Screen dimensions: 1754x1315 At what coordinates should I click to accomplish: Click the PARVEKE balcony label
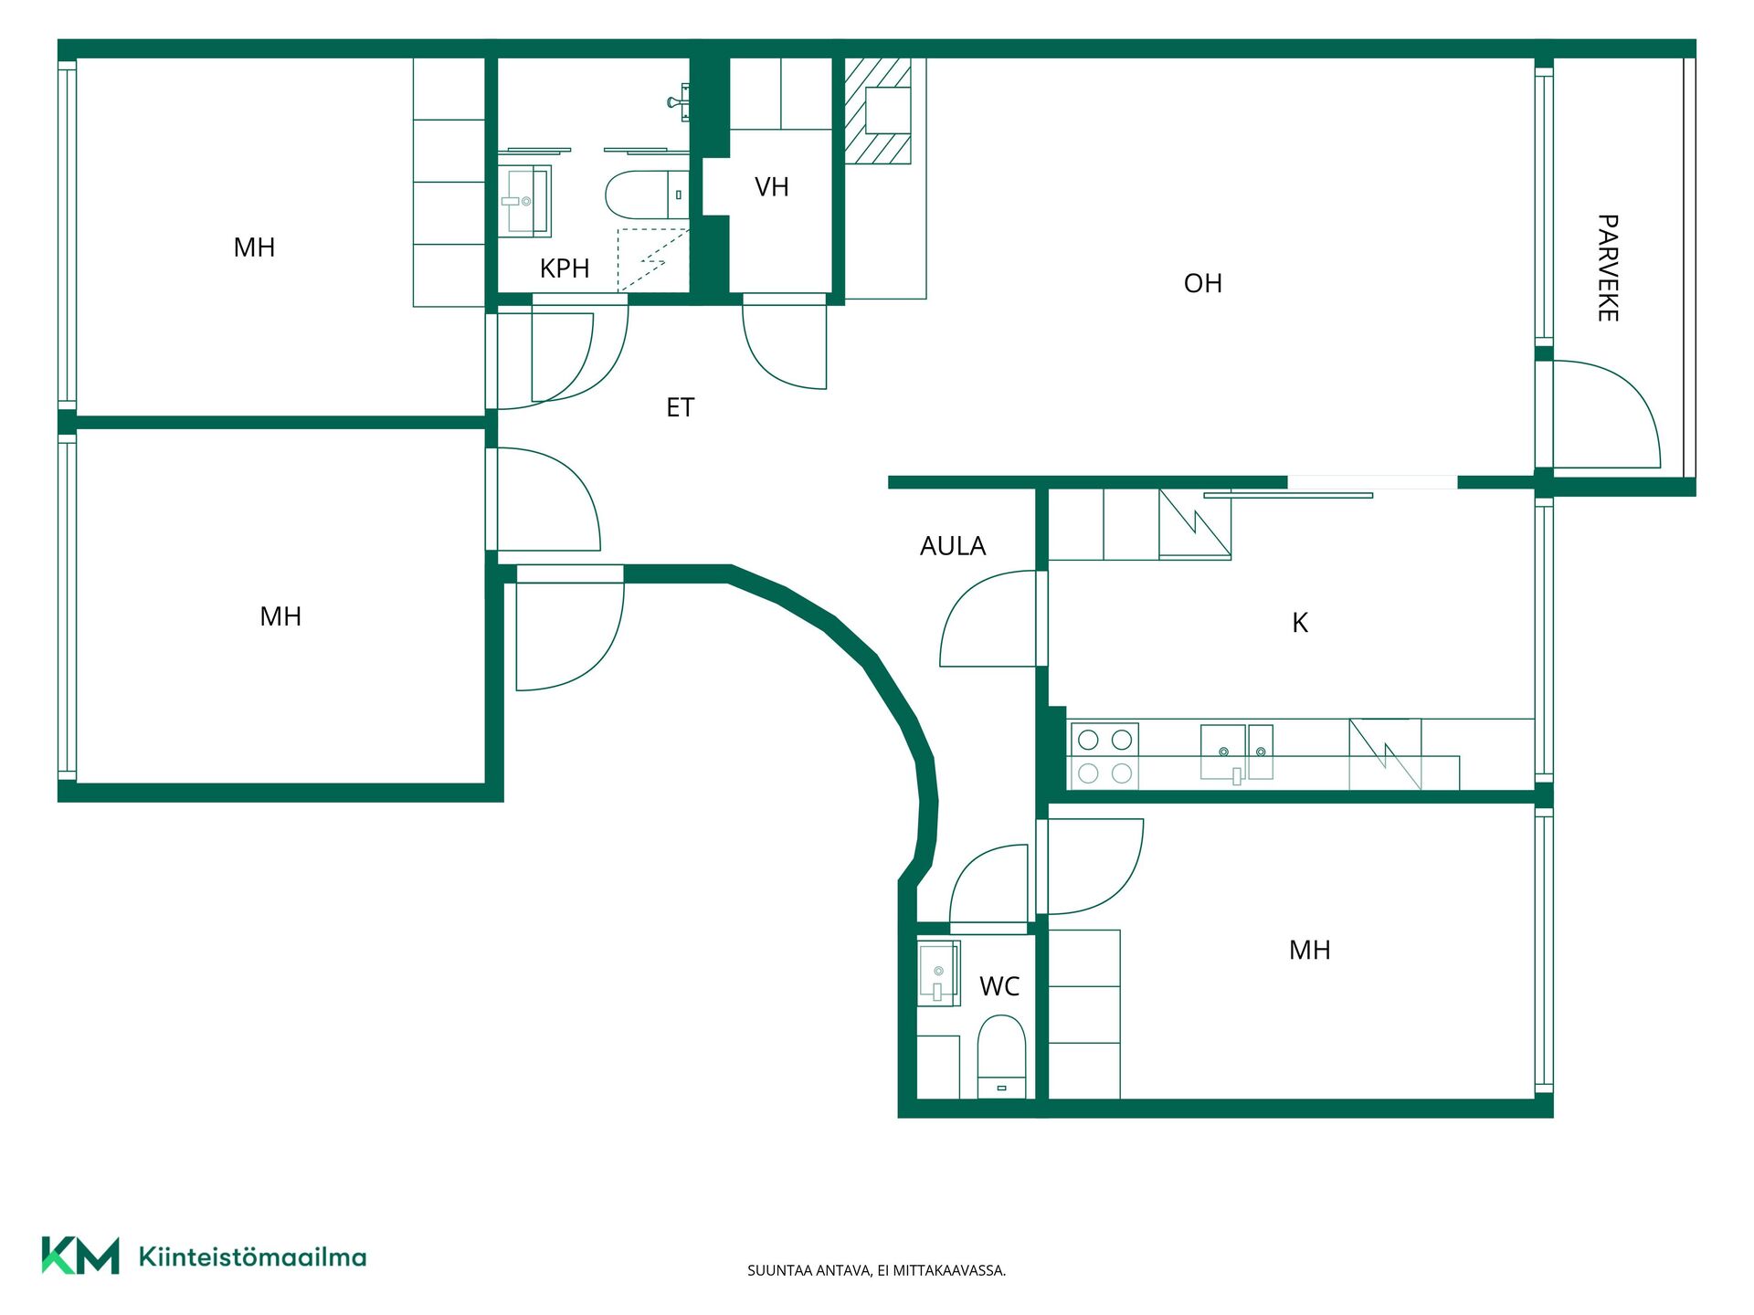[1608, 268]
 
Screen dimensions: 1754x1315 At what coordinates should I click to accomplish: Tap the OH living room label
[1202, 283]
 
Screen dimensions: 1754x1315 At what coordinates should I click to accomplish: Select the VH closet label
[771, 187]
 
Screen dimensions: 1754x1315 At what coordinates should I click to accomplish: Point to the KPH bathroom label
[565, 268]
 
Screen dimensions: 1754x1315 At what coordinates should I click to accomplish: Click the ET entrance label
[680, 407]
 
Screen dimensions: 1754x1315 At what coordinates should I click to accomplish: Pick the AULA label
[953, 546]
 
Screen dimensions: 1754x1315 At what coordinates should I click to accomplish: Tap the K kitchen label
[1300, 623]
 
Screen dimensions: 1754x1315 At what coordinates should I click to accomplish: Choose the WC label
[999, 986]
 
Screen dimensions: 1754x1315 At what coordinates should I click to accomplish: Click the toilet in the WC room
[1001, 1057]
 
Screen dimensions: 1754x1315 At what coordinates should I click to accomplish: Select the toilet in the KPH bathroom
[647, 195]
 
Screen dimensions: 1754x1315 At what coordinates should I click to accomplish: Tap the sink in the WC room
[938, 973]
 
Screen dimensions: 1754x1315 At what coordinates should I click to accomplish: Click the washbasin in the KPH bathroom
[524, 201]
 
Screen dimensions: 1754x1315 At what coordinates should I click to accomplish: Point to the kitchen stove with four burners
[1104, 755]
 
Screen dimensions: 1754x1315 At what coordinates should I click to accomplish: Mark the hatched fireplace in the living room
[878, 110]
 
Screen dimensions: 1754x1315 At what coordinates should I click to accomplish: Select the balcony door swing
[1607, 415]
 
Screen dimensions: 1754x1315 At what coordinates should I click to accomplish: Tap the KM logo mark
[80, 1256]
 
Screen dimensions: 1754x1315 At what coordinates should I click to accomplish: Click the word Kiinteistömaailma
[252, 1257]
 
